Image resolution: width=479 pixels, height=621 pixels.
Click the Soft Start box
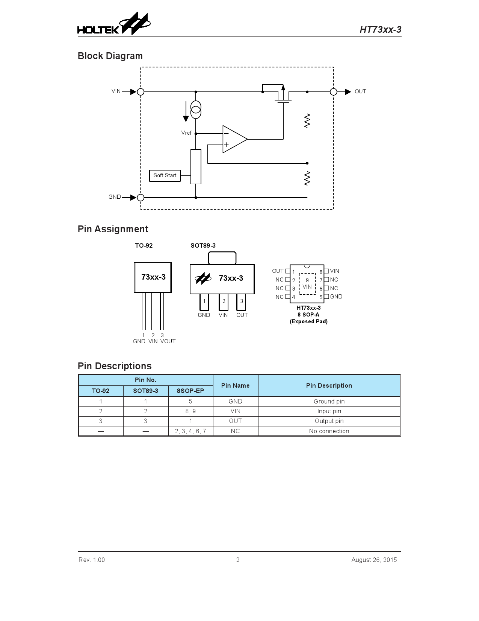pos(165,175)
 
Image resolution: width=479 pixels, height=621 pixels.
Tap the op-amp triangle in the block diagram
pos(233,139)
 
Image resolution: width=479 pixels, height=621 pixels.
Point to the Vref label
pos(186,133)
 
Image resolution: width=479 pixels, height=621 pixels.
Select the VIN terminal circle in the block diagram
pos(141,91)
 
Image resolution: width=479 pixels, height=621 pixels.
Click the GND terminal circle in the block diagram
pos(141,198)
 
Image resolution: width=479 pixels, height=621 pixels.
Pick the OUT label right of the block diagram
pos(360,91)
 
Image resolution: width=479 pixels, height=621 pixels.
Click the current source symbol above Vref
pos(196,110)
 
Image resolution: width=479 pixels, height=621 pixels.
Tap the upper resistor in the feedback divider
pos(307,120)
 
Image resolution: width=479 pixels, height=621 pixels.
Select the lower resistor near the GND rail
pos(307,178)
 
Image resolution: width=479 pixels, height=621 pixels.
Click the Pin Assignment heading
pos(113,229)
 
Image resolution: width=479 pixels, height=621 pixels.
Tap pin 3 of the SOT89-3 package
pos(242,302)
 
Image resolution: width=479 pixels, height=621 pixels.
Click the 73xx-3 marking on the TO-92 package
pos(153,277)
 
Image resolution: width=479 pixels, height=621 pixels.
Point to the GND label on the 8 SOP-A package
pos(336,297)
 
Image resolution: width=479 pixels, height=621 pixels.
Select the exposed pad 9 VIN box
pos(307,284)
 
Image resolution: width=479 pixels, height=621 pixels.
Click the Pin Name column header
pos(235,385)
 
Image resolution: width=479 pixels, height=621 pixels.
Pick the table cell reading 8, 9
pos(190,411)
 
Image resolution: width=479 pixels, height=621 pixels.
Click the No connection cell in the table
pos(329,431)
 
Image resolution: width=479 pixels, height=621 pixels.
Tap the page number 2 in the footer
pos(238,560)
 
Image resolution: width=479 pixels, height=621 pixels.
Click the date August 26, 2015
pos(374,560)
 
